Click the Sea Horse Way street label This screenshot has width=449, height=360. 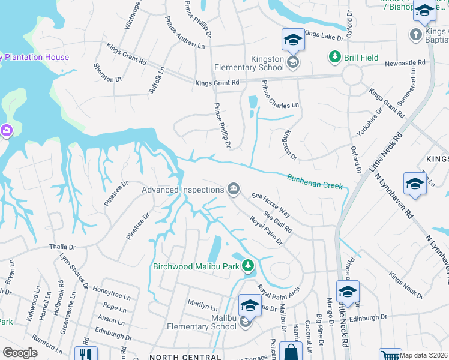[271, 205]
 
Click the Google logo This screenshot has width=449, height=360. [20, 353]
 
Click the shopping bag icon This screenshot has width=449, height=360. [291, 352]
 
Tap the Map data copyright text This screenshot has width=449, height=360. [423, 355]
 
